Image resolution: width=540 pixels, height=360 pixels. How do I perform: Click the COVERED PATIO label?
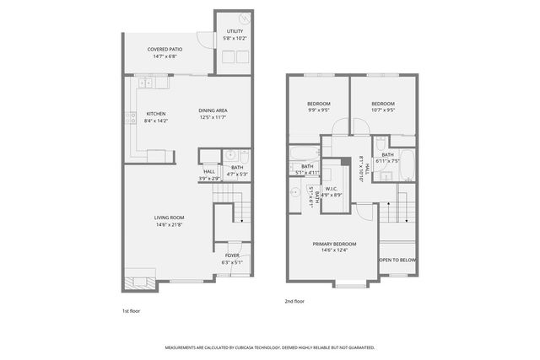pos(165,50)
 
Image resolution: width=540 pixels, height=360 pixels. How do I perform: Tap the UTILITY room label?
pos(234,31)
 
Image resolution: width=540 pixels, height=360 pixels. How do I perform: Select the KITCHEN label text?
pos(156,114)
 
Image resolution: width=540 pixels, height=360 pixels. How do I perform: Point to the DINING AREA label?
pos(213,110)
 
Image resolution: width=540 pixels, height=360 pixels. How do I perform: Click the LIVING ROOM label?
pos(169,218)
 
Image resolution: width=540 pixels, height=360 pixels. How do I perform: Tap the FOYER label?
pos(231,255)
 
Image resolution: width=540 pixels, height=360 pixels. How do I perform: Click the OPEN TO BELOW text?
pos(397,260)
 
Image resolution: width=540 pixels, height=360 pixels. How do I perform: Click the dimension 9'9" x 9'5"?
pos(317,110)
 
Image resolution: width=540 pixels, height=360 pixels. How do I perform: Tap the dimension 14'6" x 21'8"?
pos(169,224)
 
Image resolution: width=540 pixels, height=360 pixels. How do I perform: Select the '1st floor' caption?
pos(131,310)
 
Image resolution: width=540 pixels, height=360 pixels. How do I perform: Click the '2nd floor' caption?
pos(294,301)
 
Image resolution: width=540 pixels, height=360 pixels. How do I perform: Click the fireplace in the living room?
pos(139,278)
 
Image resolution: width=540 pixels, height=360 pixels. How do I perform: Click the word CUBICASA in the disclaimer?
pos(263,347)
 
